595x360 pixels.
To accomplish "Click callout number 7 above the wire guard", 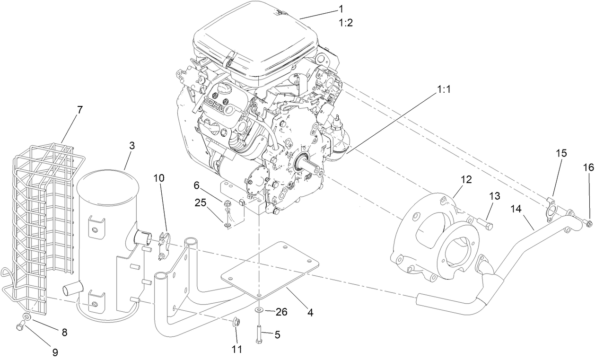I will [x=79, y=110].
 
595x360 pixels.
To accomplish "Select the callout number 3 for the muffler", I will [x=131, y=146].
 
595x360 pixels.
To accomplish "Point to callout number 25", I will [x=201, y=203].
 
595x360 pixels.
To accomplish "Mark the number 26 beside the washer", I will [x=281, y=312].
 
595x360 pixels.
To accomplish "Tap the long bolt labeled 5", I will [x=260, y=335].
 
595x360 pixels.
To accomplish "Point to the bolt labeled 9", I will [x=20, y=326].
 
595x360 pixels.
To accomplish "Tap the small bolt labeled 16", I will [x=588, y=223].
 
